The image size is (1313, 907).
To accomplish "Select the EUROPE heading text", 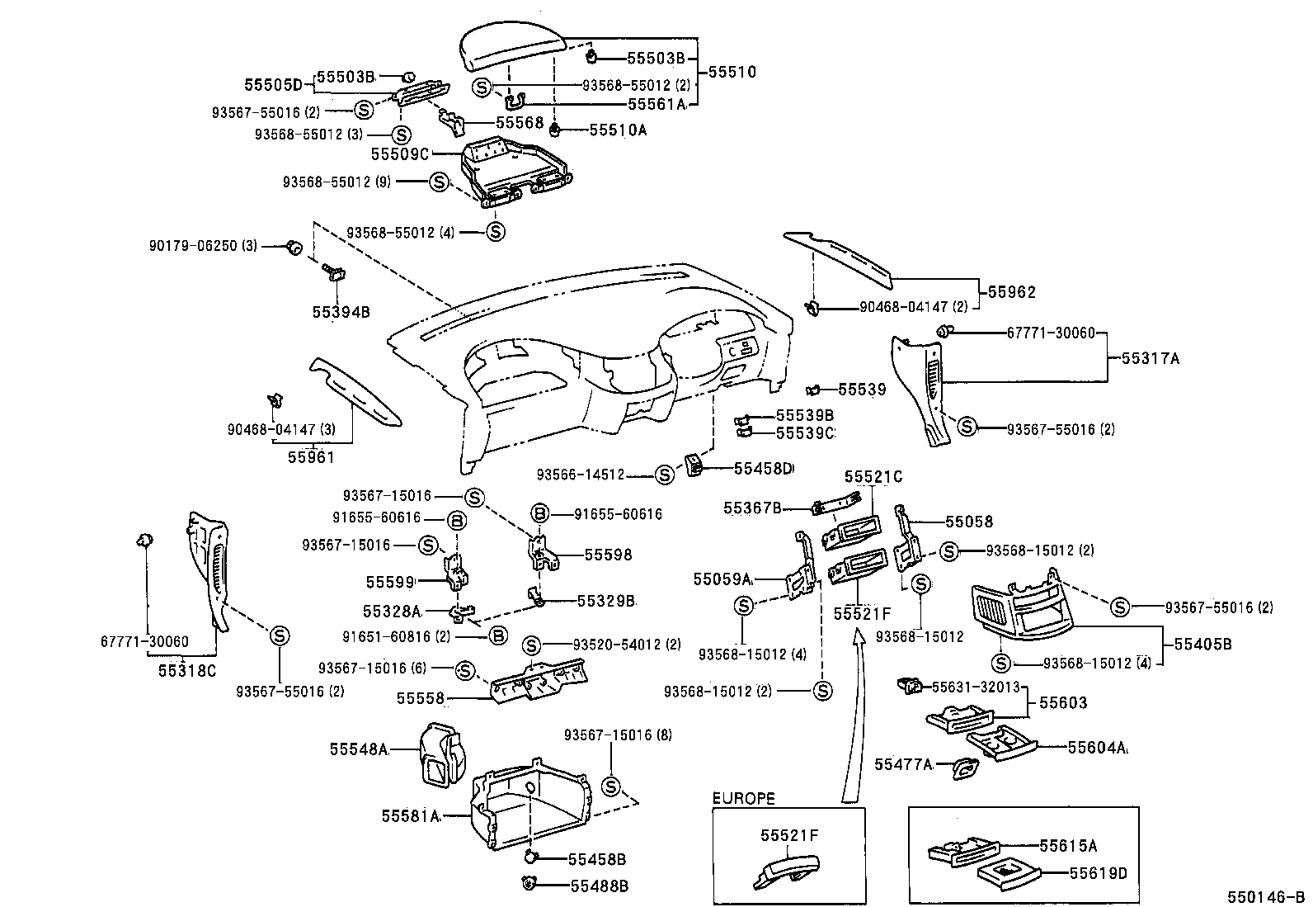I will pyautogui.click(x=744, y=798).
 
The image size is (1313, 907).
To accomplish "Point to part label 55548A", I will pyautogui.click(x=359, y=749).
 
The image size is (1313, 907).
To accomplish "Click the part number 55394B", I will pyautogui.click(x=341, y=312).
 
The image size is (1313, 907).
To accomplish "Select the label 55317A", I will pyautogui.click(x=1151, y=358).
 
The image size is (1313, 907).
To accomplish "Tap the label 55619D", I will pyautogui.click(x=1098, y=872).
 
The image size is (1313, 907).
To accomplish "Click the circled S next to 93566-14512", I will pyautogui.click(x=664, y=475).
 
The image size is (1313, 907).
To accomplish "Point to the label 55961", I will pyautogui.click(x=311, y=456).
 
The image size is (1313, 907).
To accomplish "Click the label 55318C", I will pyautogui.click(x=186, y=669).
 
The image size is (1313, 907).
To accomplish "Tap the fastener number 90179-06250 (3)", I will pyautogui.click(x=204, y=246).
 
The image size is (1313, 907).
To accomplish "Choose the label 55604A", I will pyautogui.click(x=1097, y=747).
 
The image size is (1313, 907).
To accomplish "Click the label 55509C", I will pyautogui.click(x=400, y=154).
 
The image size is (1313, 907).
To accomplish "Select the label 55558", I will pyautogui.click(x=421, y=698).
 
